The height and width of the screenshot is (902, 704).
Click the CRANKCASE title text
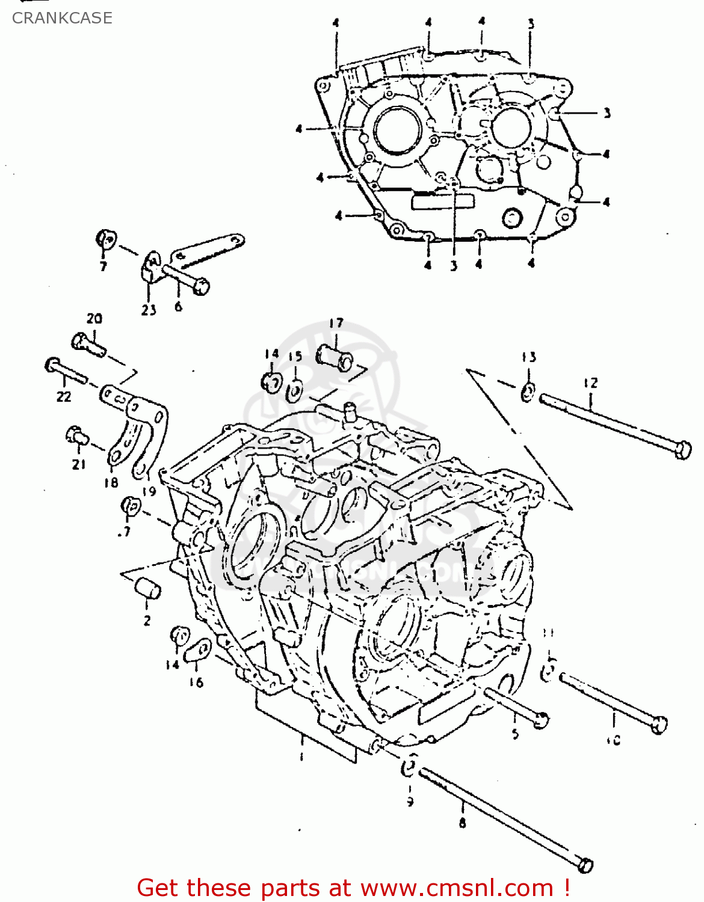click(62, 18)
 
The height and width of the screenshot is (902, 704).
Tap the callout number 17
click(336, 324)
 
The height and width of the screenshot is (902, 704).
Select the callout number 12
click(590, 383)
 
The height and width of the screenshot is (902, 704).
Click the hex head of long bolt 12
click(683, 450)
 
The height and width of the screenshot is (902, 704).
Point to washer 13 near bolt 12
click(528, 393)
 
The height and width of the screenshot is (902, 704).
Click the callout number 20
click(94, 319)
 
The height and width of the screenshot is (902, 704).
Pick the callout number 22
click(64, 396)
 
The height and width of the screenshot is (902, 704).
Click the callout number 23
click(149, 310)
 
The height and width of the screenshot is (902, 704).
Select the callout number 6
click(178, 307)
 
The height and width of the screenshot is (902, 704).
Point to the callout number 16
click(196, 682)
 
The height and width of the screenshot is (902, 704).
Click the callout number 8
click(462, 823)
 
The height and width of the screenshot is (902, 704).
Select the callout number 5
click(515, 734)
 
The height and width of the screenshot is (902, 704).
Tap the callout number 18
click(111, 482)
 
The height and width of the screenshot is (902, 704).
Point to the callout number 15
click(295, 357)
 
